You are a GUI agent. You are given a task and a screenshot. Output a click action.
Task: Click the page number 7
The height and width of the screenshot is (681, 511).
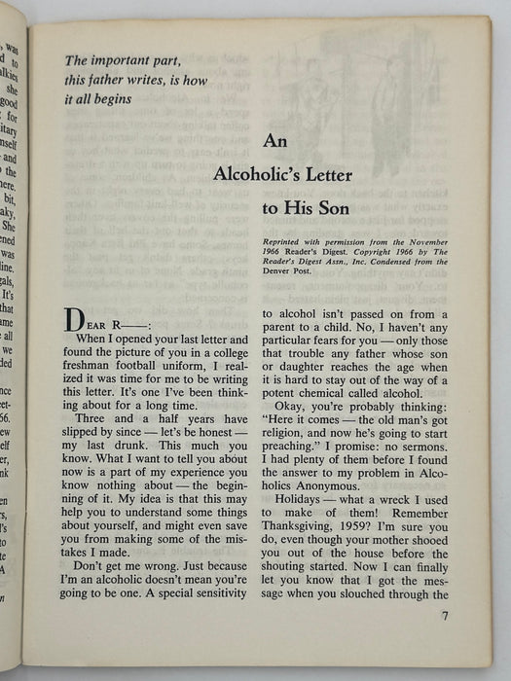coord(444,614)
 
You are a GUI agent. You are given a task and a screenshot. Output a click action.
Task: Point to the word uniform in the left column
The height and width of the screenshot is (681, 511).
coord(214,373)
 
